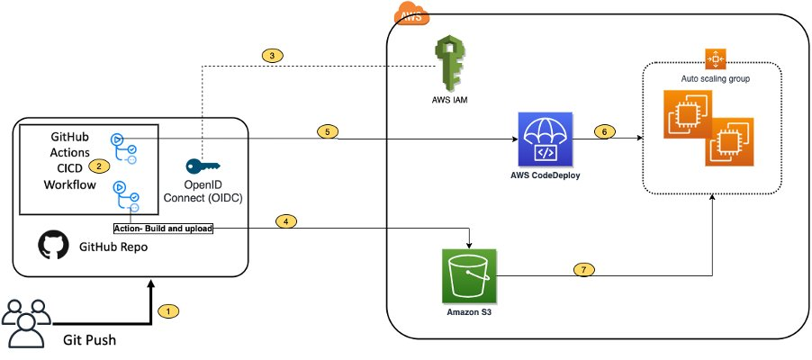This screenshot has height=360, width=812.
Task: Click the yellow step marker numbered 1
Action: pos(168,311)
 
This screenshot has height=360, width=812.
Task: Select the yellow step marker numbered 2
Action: pos(98,166)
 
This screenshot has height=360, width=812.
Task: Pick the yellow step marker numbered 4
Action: pos(284,221)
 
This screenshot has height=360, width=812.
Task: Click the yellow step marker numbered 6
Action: pos(606,131)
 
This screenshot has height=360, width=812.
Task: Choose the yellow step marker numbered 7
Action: pos(584,268)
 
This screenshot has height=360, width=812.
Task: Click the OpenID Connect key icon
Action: pos(202,166)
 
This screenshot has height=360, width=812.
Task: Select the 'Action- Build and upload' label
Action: pos(164,229)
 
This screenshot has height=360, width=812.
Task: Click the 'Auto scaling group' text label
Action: pos(717,79)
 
